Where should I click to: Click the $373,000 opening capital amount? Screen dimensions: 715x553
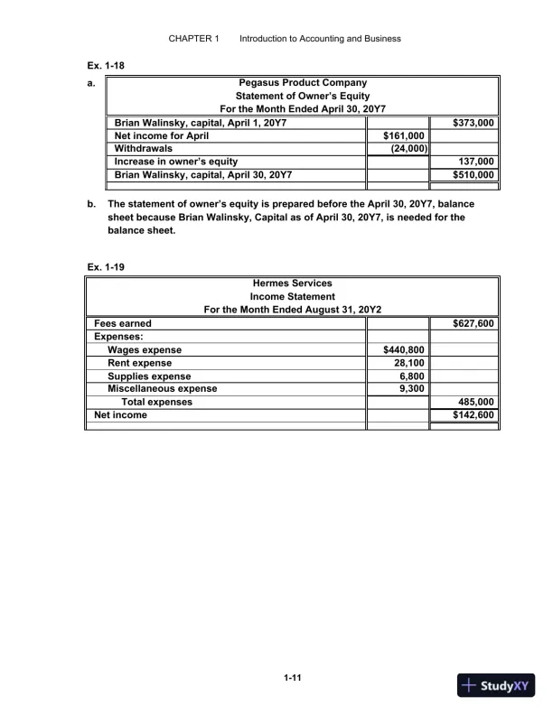pos(473,122)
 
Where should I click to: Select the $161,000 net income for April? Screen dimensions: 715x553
pos(404,135)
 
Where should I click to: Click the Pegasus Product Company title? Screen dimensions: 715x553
pos(302,83)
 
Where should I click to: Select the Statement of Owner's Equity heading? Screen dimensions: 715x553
pos(302,96)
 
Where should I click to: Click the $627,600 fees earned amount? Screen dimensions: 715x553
pos(473,323)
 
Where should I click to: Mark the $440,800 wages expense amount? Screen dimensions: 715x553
pos(404,350)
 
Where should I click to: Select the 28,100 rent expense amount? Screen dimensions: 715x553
pos(408,363)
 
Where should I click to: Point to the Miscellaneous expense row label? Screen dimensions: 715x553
pos(162,389)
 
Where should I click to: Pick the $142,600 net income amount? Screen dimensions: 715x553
pos(473,415)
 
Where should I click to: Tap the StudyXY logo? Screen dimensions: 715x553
pos(497,685)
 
